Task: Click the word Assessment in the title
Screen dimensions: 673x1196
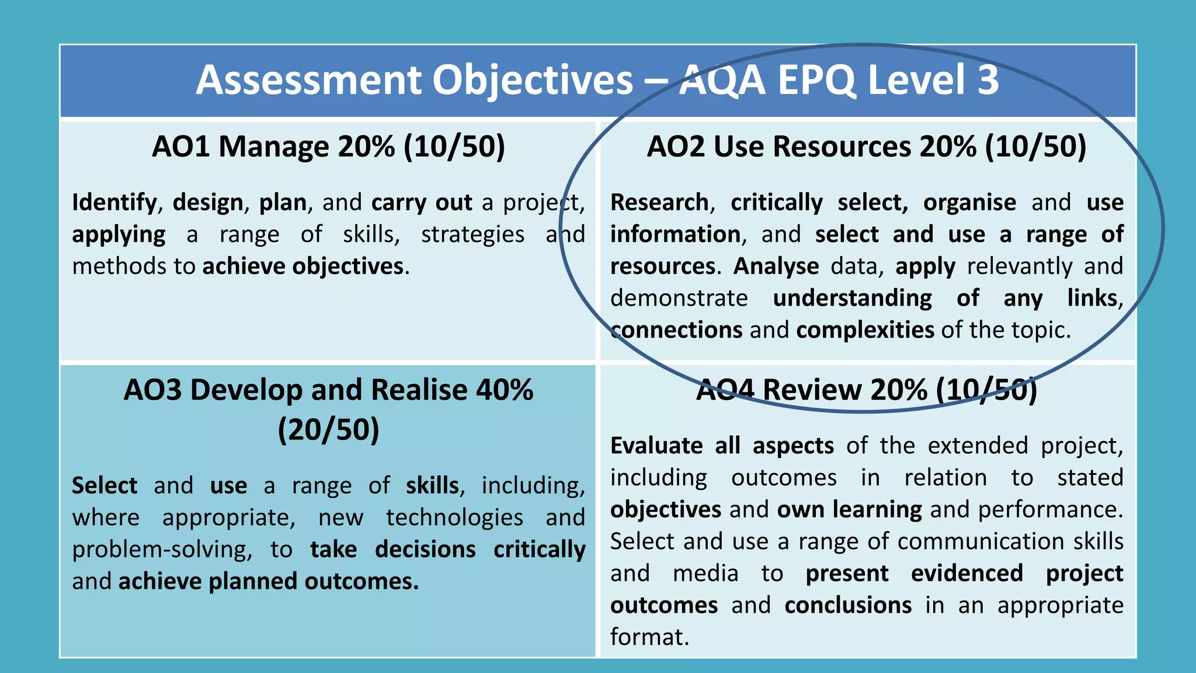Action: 308,80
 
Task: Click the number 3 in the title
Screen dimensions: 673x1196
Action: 988,80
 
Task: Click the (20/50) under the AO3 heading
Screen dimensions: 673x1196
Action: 328,430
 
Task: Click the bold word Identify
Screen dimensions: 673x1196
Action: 114,203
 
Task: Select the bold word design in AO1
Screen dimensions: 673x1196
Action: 208,203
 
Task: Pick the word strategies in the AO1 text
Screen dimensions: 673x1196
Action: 472,235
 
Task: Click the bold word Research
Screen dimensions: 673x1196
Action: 659,203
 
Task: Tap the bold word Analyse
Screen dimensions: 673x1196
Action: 776,266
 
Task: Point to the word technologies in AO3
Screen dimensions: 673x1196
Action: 454,518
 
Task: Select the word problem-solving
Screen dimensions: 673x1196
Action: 162,550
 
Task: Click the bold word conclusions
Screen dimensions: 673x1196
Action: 848,605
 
